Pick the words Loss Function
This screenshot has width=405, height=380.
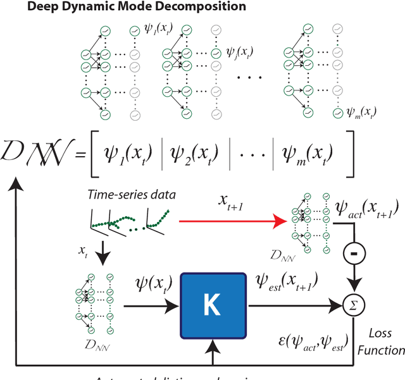[x=385, y=341]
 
